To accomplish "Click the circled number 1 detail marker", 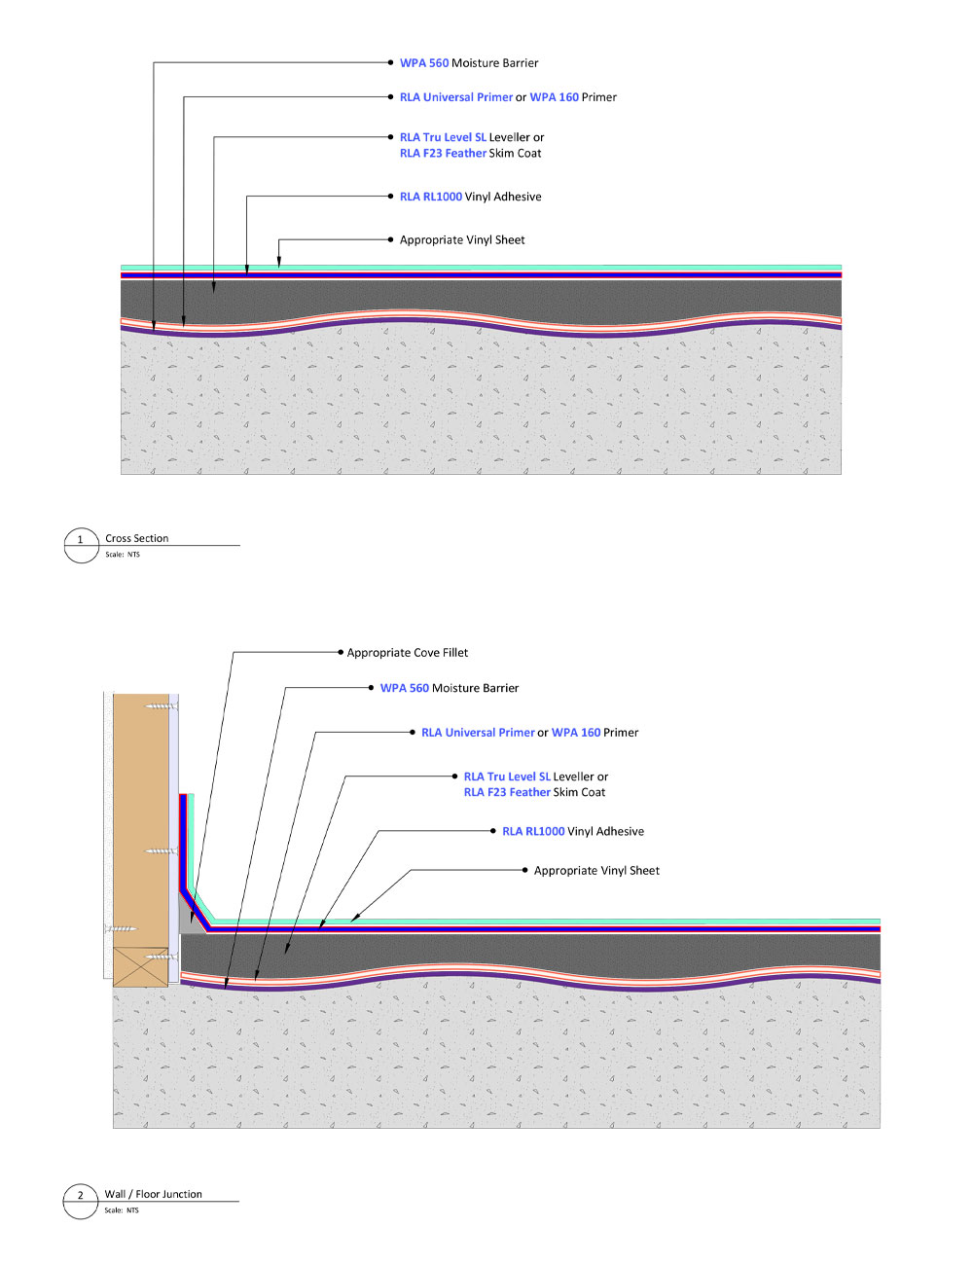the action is [x=81, y=546].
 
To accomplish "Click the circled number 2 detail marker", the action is [x=81, y=1202].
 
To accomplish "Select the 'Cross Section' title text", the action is [x=137, y=538].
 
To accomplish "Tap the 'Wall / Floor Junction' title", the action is [x=153, y=1194].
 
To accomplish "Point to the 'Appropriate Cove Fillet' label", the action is [x=408, y=653].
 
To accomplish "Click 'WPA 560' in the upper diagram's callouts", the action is [x=424, y=63].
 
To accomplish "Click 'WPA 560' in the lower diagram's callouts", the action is [x=405, y=688].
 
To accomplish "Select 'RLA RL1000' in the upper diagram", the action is [x=431, y=197].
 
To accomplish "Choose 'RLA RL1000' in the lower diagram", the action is [x=533, y=831].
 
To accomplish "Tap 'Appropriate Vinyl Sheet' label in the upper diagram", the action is [x=462, y=239].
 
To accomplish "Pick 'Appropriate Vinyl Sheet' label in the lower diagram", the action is [x=596, y=870].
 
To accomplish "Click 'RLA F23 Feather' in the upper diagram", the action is [x=443, y=153].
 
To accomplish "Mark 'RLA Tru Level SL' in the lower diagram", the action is [x=507, y=777].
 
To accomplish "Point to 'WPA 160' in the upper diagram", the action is [x=554, y=97].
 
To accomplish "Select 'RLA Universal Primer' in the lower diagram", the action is [x=478, y=733].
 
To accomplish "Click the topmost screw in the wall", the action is [x=162, y=706].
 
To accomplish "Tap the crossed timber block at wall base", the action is [x=141, y=967].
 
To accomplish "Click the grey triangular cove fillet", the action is [x=189, y=918].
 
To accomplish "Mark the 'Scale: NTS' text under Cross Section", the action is [x=123, y=555].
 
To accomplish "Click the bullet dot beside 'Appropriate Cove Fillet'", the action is [x=341, y=653].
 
